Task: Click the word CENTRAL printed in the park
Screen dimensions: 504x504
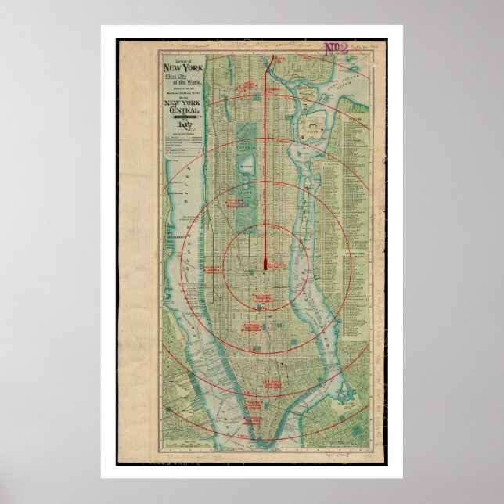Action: coord(248,146)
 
